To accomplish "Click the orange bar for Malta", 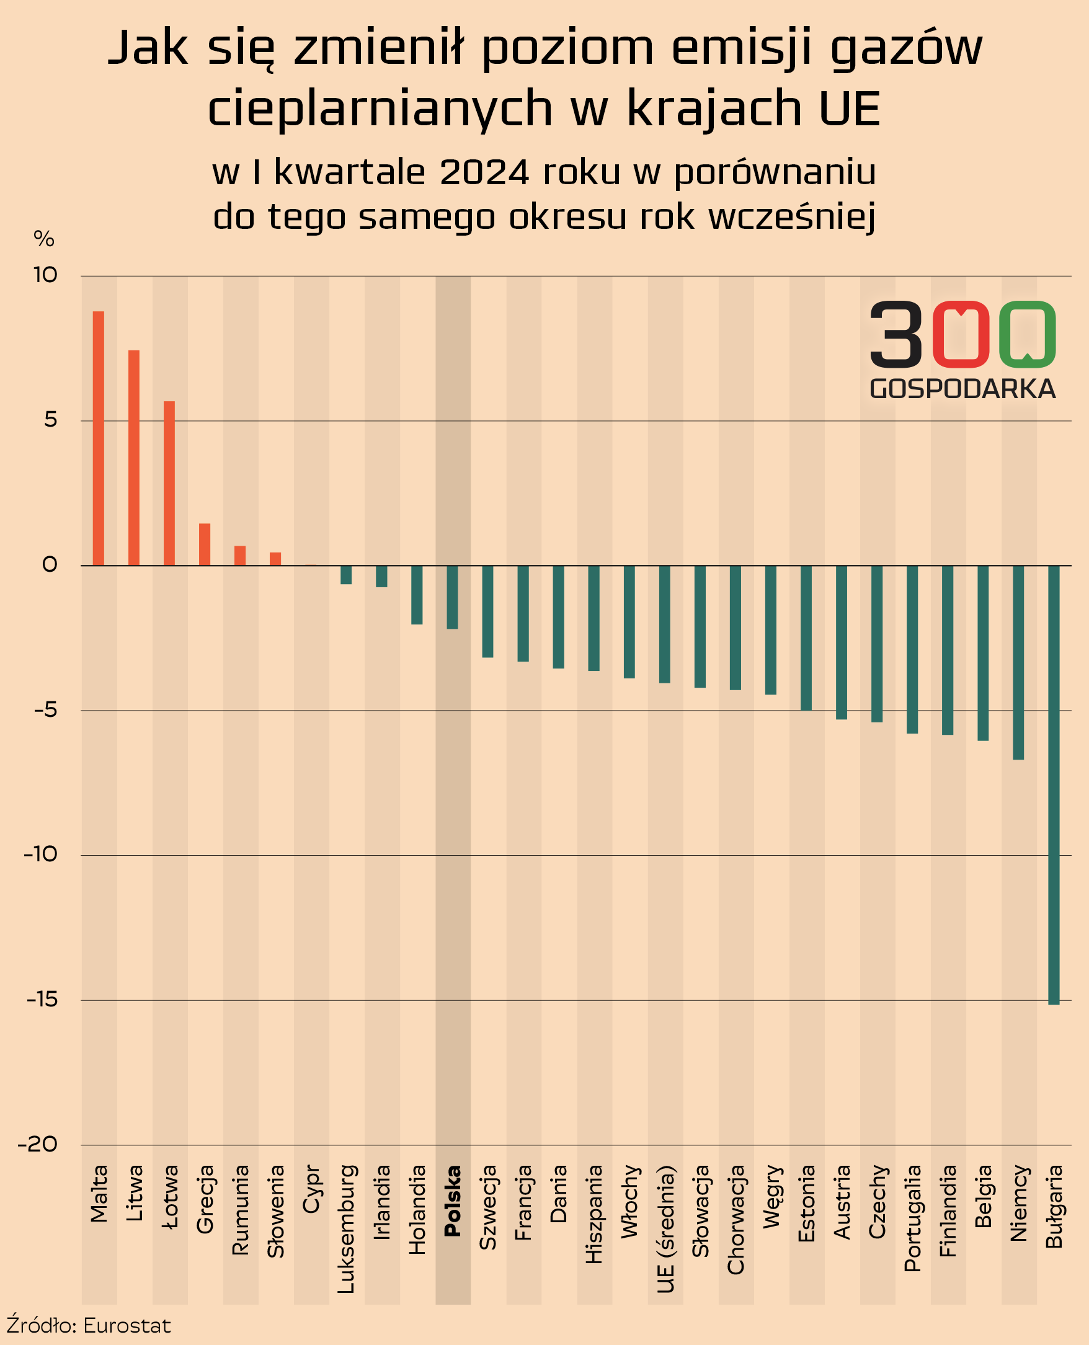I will pos(99,438).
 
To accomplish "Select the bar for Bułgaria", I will pos(1054,784).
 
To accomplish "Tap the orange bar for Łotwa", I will pos(169,483).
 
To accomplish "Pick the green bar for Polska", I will pos(452,597).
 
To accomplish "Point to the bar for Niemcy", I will pos(1018,662).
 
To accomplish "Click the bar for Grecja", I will pos(205,544).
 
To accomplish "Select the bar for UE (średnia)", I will pos(665,624).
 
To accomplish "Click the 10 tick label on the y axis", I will pos(45,275).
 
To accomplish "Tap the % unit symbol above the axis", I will pos(44,239).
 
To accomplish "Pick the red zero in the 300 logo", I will pos(961,334).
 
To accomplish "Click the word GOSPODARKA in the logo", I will pos(962,389).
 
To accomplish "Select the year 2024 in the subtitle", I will pos(484,172).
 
